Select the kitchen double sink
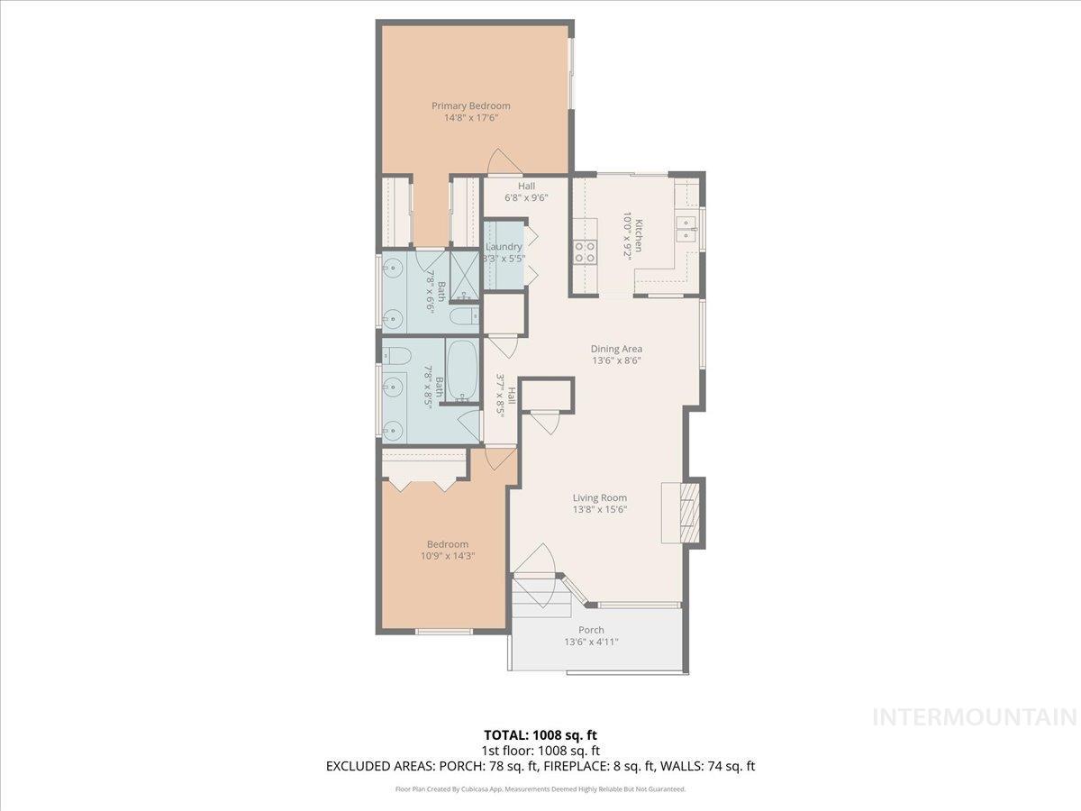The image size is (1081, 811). (x=686, y=229)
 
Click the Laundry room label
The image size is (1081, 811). (x=503, y=247)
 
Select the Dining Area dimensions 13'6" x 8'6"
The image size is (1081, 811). (x=616, y=360)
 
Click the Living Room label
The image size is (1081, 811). (x=600, y=497)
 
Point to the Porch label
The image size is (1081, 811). (x=591, y=630)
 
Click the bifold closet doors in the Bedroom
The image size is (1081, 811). (x=422, y=485)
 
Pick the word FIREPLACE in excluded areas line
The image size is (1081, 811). (x=574, y=767)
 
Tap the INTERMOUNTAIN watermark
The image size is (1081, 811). (x=976, y=717)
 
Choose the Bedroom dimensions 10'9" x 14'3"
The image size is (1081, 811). (x=448, y=556)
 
